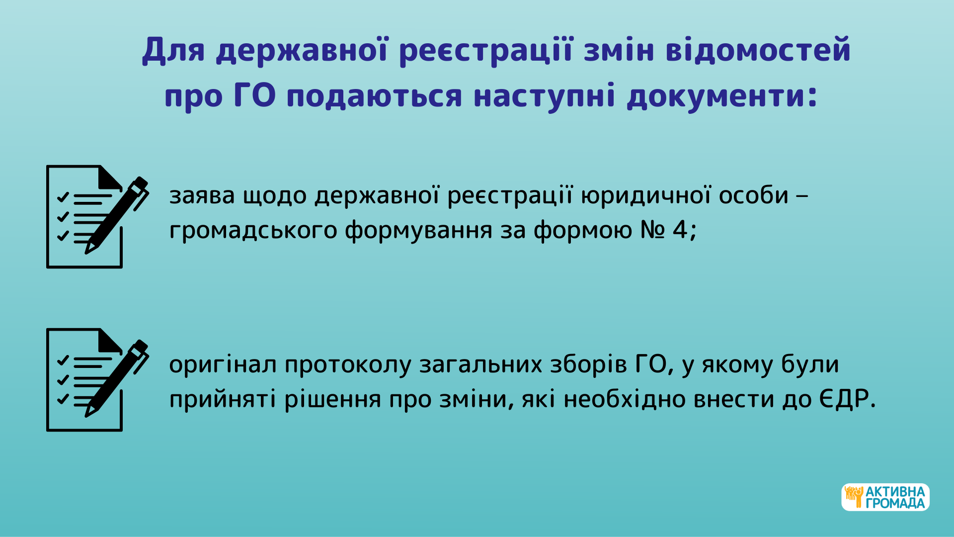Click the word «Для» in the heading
(173, 51)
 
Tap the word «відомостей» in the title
(758, 50)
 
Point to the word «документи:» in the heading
(722, 96)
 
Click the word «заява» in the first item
(202, 196)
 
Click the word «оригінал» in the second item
(223, 365)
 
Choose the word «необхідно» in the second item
(625, 399)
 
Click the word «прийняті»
(223, 399)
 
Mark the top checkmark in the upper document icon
(63, 197)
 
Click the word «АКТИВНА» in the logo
(895, 492)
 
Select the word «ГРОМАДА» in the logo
(895, 504)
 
